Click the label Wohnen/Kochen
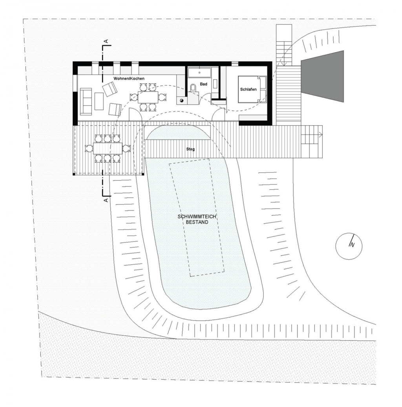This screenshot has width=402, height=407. coord(129,79)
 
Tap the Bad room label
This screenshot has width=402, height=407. coord(204,84)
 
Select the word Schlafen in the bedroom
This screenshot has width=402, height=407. coord(248,89)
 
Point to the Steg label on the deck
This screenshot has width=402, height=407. coord(190,149)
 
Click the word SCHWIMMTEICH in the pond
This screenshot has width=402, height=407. coord(197,217)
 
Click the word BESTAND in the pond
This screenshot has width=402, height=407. coord(197,222)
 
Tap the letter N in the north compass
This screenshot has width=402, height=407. coord(352,244)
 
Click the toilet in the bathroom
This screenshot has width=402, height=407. coord(193,88)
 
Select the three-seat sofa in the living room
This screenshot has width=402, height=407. coord(86,101)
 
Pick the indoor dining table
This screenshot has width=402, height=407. coord(148,97)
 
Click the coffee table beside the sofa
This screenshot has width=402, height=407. coord(99,101)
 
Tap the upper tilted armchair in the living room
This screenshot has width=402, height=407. coord(110,89)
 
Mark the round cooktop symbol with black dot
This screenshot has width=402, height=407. coord(181,101)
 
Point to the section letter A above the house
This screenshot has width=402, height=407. coord(106,41)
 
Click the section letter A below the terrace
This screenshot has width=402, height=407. coord(106,200)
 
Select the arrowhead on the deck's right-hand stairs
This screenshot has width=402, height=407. coord(321,135)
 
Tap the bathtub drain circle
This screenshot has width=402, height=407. coord(199,73)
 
